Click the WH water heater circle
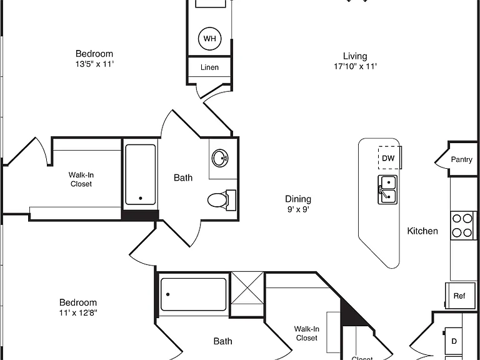click(210, 39)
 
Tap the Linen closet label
click(210, 67)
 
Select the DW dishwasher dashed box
click(389, 157)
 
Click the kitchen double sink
click(387, 189)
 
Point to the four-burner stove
click(462, 226)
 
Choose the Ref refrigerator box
click(460, 296)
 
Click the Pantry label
click(461, 159)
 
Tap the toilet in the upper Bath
click(222, 200)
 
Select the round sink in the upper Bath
click(220, 158)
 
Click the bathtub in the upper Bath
click(141, 174)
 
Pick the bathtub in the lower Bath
click(194, 294)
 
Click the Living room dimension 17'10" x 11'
click(355, 66)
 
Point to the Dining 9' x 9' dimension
click(298, 209)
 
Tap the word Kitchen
click(422, 231)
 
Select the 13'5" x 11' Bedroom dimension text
click(94, 64)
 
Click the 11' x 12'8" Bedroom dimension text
click(78, 313)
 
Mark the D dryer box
click(454, 341)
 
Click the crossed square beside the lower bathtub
click(247, 294)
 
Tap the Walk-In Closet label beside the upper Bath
click(81, 179)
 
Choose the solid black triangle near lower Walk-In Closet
click(351, 315)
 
